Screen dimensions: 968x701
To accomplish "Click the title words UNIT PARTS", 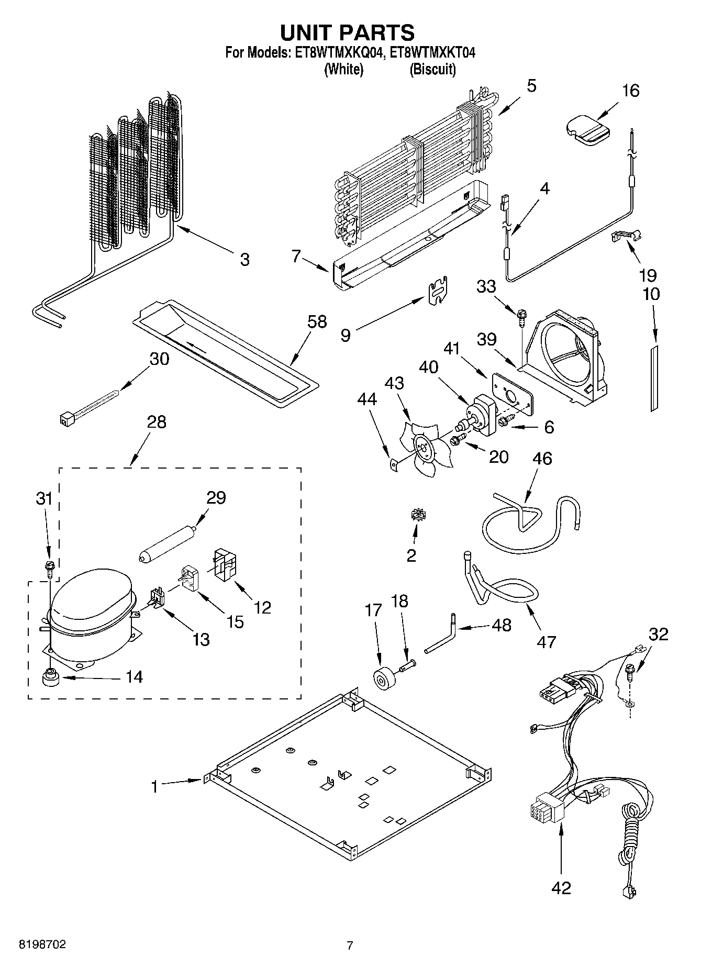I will [x=348, y=32].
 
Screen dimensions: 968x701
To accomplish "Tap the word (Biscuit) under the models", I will [x=432, y=70].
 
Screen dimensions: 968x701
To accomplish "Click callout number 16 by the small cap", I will [x=631, y=91].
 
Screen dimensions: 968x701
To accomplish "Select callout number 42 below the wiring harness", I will [x=561, y=888].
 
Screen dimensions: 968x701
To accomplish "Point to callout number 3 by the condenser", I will [x=244, y=260].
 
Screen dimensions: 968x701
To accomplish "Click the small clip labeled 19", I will [x=627, y=235].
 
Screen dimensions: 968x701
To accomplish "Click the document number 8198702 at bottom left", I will [x=42, y=945].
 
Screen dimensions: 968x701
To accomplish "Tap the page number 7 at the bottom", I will [x=350, y=945].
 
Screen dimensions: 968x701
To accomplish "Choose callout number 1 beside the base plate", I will [x=154, y=787].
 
